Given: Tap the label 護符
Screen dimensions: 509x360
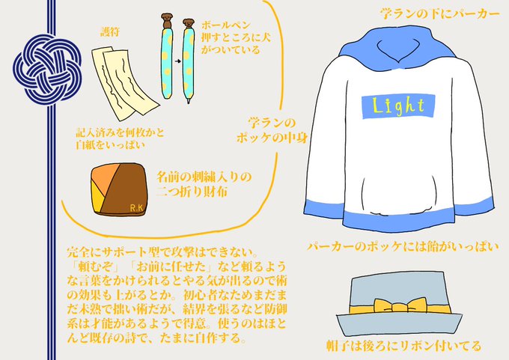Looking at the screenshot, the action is pos(110,32).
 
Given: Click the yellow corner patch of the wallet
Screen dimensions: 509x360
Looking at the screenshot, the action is pos(100,197).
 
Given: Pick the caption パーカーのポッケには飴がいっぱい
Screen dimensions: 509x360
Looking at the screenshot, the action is pos(403,245).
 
